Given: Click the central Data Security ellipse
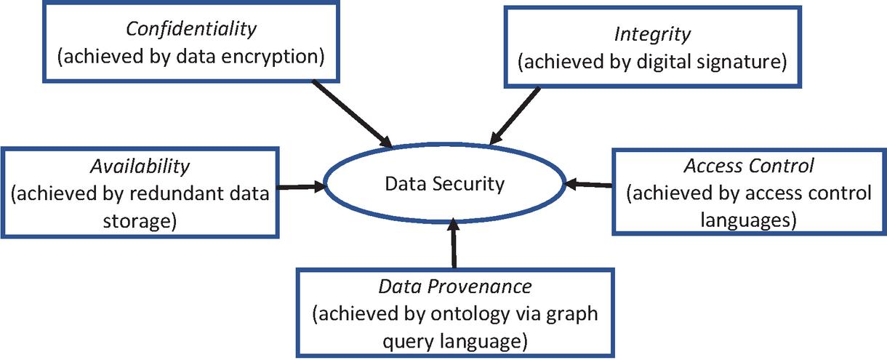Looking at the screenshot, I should tap(444, 183).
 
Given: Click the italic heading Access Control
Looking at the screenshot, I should tap(749, 167).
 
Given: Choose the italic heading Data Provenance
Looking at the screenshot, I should tap(455, 286).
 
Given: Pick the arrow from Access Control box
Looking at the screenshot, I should tap(589, 185).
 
